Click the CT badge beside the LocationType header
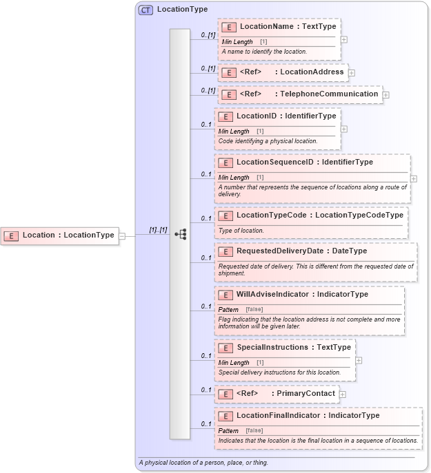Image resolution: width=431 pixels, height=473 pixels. pyautogui.click(x=146, y=10)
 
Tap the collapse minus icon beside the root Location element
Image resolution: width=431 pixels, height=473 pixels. pyautogui.click(x=122, y=235)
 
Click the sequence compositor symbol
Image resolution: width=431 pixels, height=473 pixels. pyautogui.click(x=180, y=235)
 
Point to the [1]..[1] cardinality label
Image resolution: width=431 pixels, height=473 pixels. pyautogui.click(x=159, y=229)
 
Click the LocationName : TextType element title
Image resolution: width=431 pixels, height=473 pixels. pyautogui.click(x=288, y=27)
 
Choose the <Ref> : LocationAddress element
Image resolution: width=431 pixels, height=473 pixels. pyautogui.click(x=283, y=72)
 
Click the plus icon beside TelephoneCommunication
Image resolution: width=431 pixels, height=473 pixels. pyautogui.click(x=386, y=94)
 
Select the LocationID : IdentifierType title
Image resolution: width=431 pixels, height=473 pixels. pyautogui.click(x=286, y=116)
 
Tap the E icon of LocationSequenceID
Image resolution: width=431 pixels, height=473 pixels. pyautogui.click(x=225, y=163)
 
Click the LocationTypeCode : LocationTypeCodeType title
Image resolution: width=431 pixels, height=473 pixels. pyautogui.click(x=319, y=216)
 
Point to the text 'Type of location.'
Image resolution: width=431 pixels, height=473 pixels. pyautogui.click(x=241, y=231)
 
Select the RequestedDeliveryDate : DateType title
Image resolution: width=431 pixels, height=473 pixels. pyautogui.click(x=301, y=251)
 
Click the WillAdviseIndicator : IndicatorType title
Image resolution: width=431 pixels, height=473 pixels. pyautogui.click(x=302, y=295)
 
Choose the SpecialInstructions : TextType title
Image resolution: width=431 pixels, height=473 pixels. pyautogui.click(x=294, y=348)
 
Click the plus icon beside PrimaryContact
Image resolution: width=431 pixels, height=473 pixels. pyautogui.click(x=343, y=395)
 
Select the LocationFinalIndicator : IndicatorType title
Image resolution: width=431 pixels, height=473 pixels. pyautogui.click(x=308, y=416)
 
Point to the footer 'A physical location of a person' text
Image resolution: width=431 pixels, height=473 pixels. pyautogui.click(x=203, y=463)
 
